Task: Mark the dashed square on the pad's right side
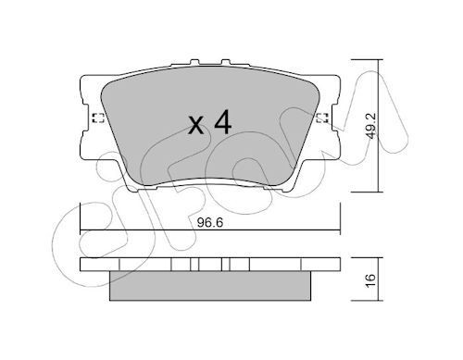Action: click(x=322, y=117)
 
